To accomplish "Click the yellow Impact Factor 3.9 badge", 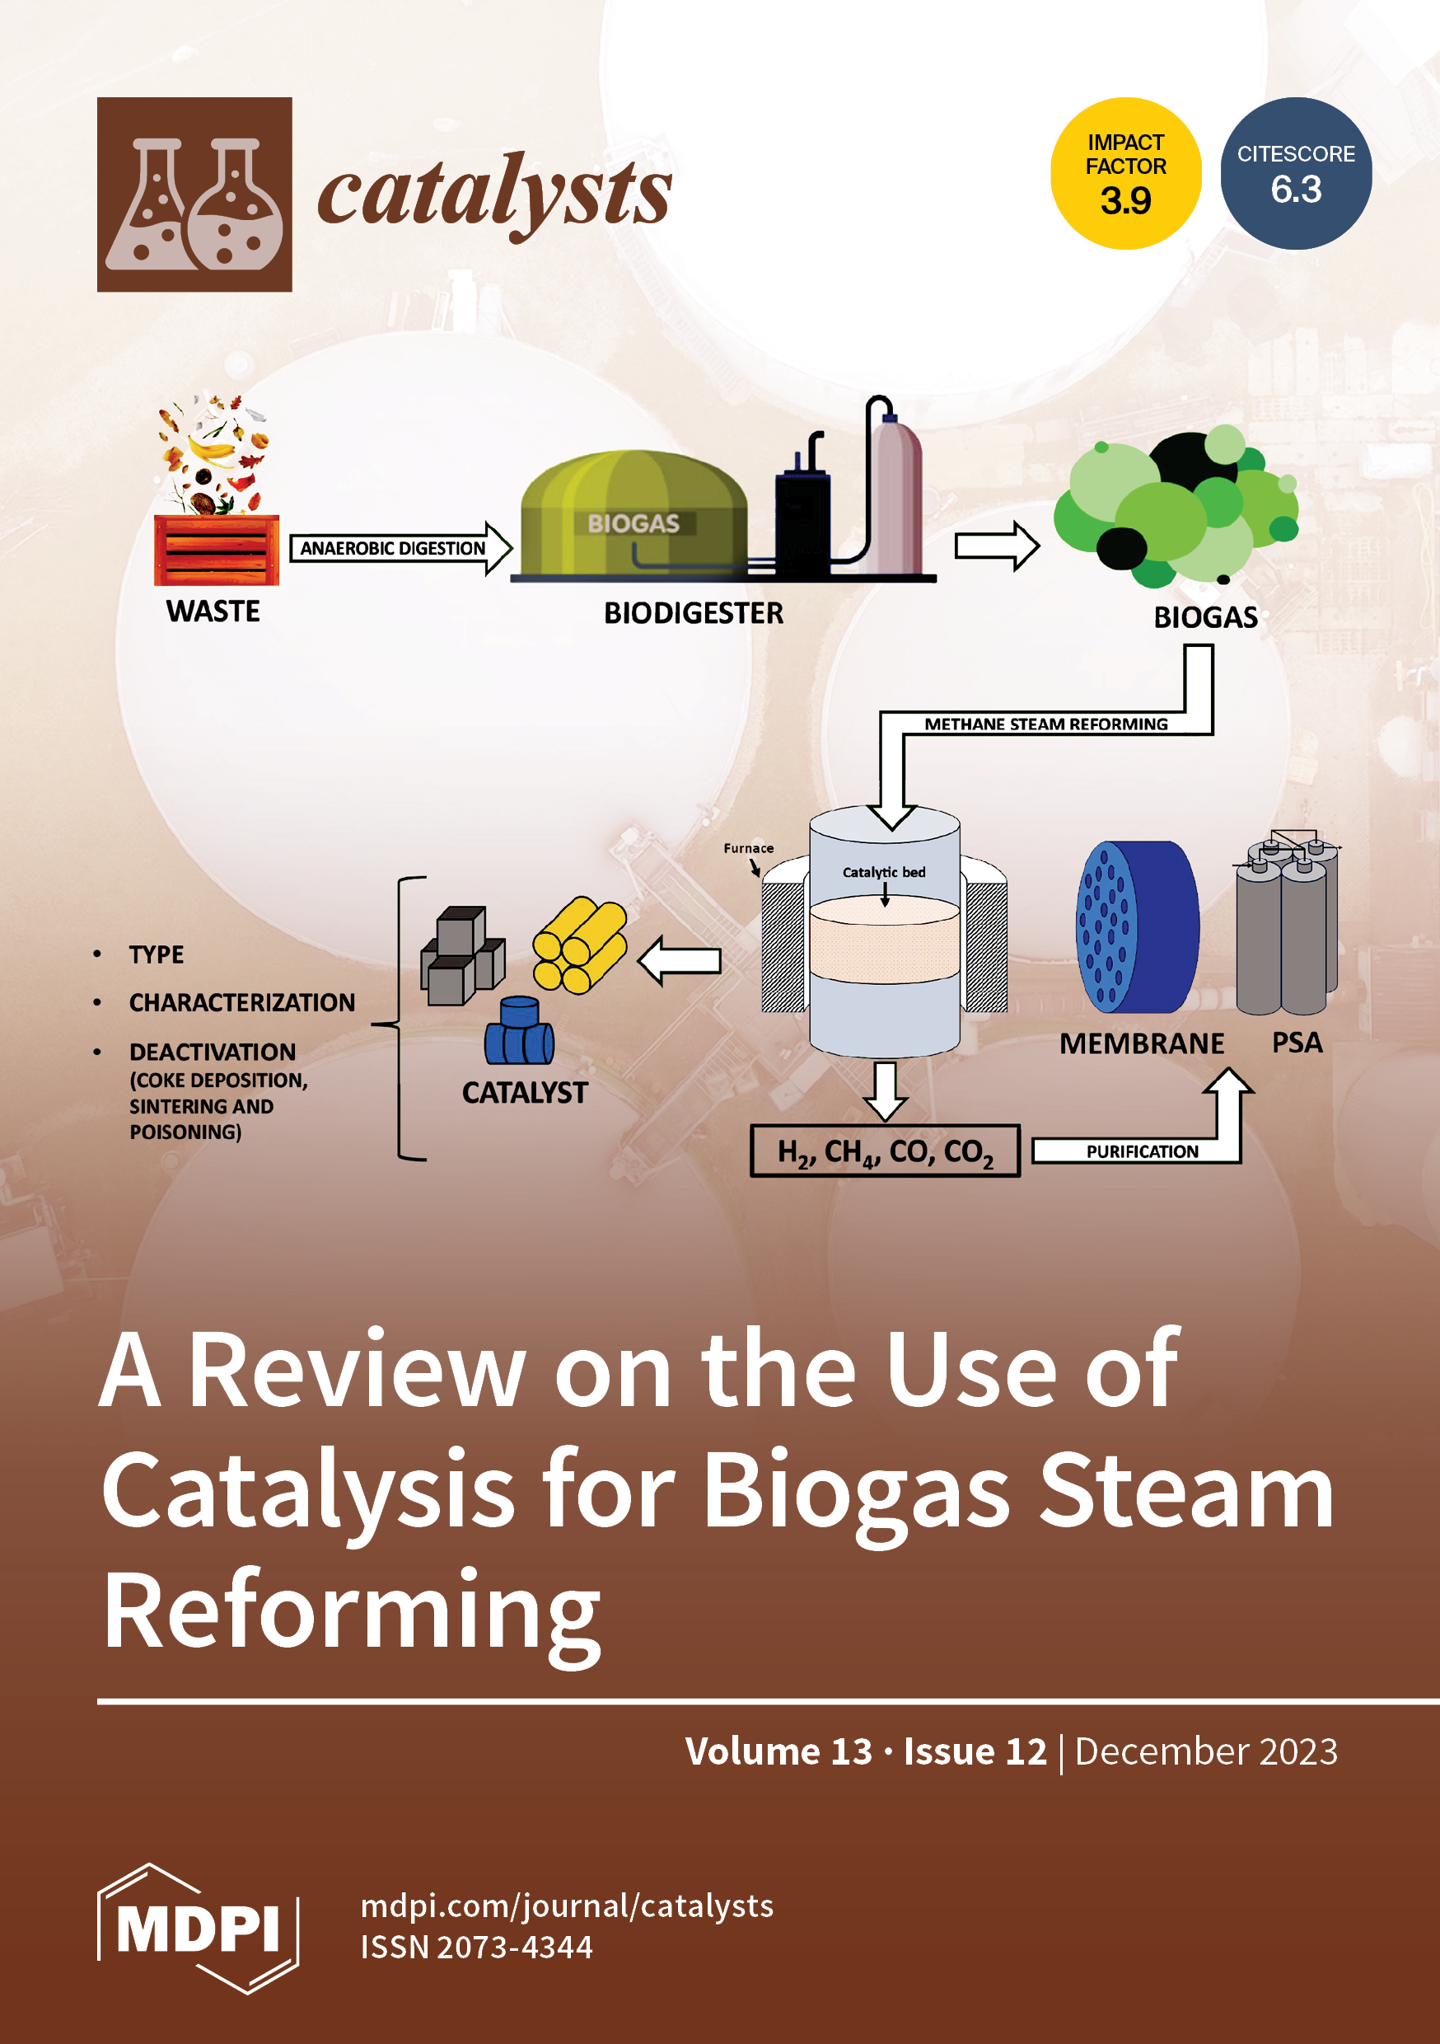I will (x=1125, y=174).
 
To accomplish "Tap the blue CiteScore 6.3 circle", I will (x=1295, y=174).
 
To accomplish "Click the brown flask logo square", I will (x=194, y=194).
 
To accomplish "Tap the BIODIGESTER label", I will (x=694, y=612).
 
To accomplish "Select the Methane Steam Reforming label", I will (x=1045, y=724).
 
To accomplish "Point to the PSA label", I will (x=1296, y=1043).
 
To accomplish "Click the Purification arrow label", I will (x=1142, y=1151).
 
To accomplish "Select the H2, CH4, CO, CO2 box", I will (x=885, y=1151).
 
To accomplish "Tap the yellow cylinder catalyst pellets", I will (x=578, y=945).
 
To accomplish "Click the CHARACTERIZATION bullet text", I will (x=241, y=1002).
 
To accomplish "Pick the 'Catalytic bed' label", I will (x=884, y=873).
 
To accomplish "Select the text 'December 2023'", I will (x=1206, y=1751).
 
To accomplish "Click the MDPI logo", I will (x=198, y=1928).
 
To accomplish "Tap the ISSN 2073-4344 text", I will (x=476, y=1947).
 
